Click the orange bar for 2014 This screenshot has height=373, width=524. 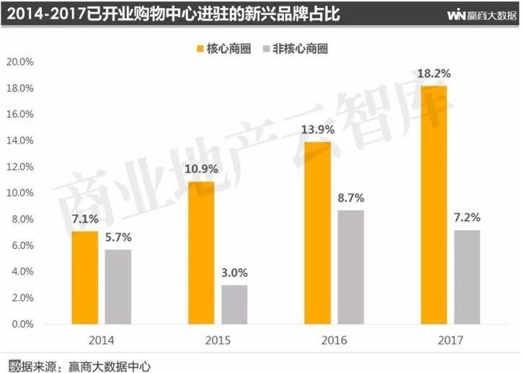85,277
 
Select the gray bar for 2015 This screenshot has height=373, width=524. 234,304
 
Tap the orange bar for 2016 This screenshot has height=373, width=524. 319,232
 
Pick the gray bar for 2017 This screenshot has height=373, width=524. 466,276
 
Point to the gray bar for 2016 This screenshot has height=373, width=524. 351,266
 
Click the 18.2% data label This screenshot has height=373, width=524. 433,73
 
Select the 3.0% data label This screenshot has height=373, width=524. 235,273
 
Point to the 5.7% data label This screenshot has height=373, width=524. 117,237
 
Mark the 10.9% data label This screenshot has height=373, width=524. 202,170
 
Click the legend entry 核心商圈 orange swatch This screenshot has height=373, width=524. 198,49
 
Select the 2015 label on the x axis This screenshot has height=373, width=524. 218,339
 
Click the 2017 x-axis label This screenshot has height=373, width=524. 450,339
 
